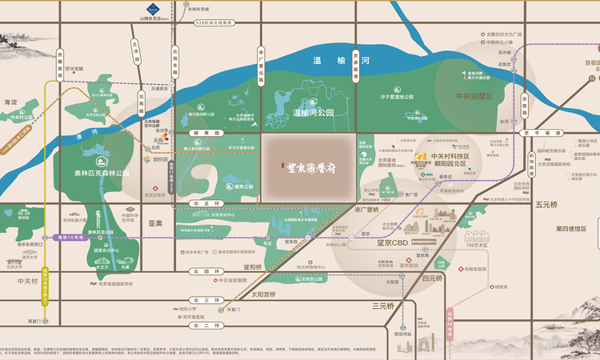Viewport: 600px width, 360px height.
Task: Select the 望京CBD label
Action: pyautogui.click(x=387, y=242)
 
